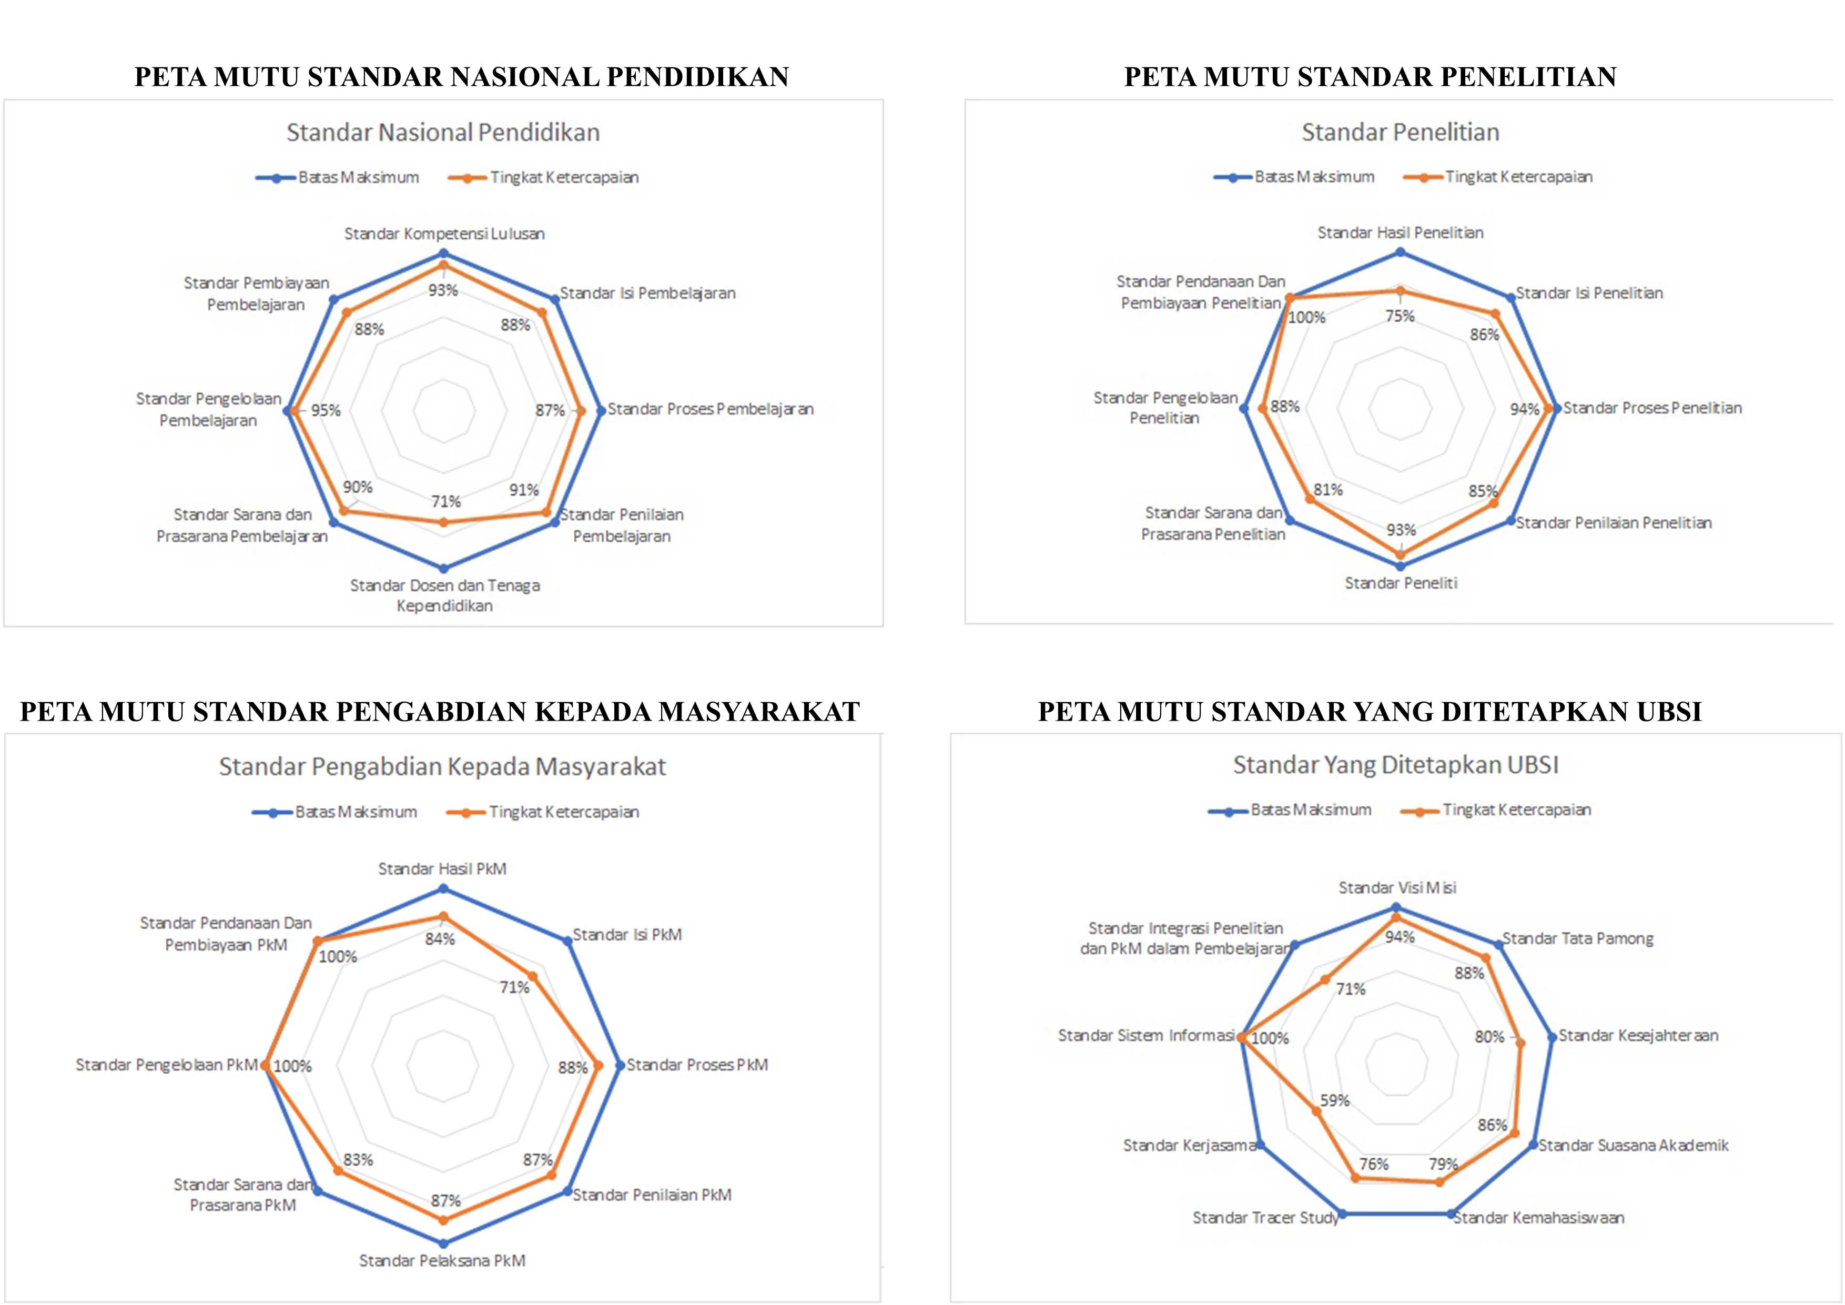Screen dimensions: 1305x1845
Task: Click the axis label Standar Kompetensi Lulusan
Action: coord(444,234)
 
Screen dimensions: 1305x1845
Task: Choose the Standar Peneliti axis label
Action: coord(1401,583)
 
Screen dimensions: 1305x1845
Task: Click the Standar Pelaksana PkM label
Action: coord(442,1260)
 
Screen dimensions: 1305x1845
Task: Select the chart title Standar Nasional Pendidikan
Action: coord(443,133)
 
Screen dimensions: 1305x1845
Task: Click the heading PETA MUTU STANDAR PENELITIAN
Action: coord(1369,77)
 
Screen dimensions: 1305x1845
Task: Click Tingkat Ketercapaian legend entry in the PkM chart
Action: coord(543,813)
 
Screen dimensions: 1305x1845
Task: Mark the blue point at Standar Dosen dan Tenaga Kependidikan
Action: coord(443,568)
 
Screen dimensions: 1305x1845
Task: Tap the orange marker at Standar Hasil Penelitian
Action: coord(1400,291)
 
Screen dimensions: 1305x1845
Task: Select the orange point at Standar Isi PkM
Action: coord(531,976)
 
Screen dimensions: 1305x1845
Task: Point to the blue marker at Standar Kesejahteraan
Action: coord(1552,1037)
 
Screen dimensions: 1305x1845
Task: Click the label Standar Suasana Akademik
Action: coord(1633,1145)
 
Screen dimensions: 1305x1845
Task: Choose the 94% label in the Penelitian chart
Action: coord(1524,410)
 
